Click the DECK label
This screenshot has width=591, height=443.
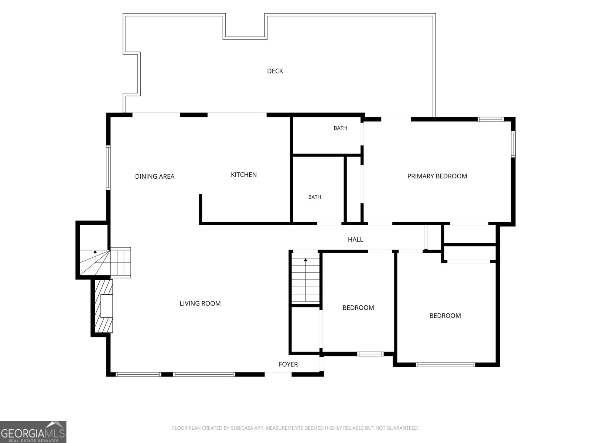(275, 71)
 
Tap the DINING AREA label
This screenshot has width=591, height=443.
(154, 176)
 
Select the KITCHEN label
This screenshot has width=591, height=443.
(244, 175)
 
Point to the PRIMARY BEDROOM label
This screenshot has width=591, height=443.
(437, 176)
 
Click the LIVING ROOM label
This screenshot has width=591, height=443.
(200, 303)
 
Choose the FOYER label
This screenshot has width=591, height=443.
(288, 364)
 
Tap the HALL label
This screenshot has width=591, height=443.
(355, 239)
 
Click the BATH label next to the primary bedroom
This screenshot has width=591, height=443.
(340, 128)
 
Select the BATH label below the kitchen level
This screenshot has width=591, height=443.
(314, 197)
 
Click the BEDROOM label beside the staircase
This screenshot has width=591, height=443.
(358, 308)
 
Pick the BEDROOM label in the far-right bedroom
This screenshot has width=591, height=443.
(445, 316)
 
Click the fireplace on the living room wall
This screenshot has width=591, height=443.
(104, 306)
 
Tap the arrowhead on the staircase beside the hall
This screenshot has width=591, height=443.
(305, 260)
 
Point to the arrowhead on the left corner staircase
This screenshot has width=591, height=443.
(95, 252)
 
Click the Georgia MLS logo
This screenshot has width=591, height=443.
(33, 432)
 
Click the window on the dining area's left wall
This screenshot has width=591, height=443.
(108, 168)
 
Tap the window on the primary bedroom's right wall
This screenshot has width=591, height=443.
(513, 144)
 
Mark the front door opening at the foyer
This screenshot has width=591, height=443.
(278, 374)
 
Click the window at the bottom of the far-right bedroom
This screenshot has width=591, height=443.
(445, 365)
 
